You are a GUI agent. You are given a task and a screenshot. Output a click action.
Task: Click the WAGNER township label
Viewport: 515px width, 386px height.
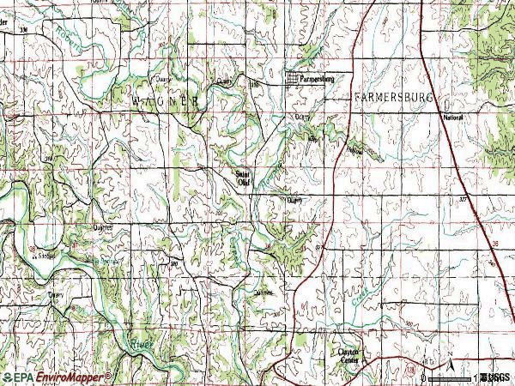[x=168, y=100]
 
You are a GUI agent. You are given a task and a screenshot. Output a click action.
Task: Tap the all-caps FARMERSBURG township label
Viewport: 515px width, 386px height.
[x=397, y=99]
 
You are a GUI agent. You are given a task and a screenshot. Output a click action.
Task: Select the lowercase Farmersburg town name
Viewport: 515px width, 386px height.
[x=314, y=78]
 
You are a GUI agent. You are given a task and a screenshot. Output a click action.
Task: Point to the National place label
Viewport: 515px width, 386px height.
[x=453, y=117]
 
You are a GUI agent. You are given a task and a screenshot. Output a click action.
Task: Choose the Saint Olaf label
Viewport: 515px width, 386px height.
[x=242, y=177]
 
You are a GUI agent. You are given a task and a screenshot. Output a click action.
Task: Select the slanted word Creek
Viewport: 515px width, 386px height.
[x=353, y=297]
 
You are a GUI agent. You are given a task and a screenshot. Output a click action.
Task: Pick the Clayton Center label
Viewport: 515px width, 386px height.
[x=348, y=356]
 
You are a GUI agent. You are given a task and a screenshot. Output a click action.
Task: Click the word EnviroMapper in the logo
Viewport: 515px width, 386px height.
[x=73, y=377]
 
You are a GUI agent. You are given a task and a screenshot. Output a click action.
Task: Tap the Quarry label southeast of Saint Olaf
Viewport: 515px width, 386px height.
[x=295, y=202]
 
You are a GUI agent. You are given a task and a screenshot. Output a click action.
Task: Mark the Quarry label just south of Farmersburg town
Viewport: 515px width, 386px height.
[x=301, y=117]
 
